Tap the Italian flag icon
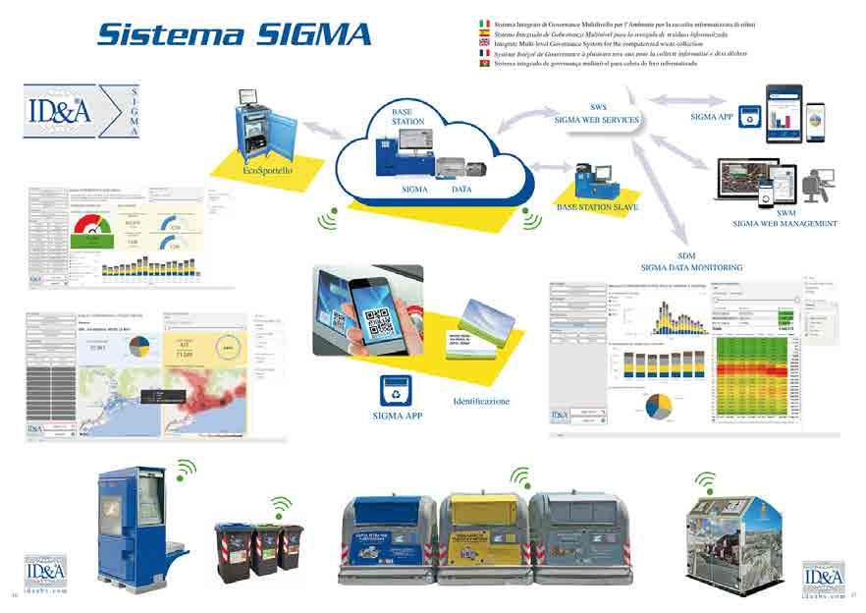point(483,23)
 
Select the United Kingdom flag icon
point(483,43)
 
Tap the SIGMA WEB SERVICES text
point(598,119)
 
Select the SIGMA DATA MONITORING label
point(691,267)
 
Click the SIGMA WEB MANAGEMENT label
point(785,224)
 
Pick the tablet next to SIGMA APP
point(784,112)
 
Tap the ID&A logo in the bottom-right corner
point(823,578)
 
